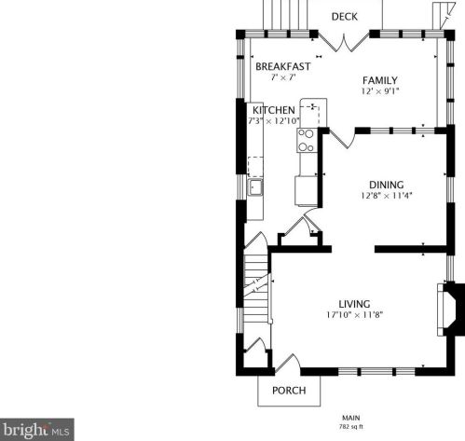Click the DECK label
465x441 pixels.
(x=344, y=17)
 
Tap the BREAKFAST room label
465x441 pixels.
(x=283, y=66)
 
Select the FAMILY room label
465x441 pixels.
(x=380, y=80)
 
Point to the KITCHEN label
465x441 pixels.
(x=274, y=110)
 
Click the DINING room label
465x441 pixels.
(x=387, y=185)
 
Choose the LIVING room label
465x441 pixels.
(x=354, y=304)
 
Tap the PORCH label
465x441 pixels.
(x=289, y=391)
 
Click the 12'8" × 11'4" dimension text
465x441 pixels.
(x=387, y=196)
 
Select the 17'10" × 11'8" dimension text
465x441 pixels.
(x=354, y=315)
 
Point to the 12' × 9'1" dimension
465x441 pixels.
(x=380, y=91)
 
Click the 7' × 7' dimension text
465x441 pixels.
(x=283, y=77)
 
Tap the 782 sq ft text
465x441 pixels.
(x=351, y=427)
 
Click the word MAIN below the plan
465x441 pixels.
(x=351, y=418)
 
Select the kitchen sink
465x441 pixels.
(x=255, y=187)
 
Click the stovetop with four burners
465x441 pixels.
(x=307, y=140)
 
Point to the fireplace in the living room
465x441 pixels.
(x=450, y=310)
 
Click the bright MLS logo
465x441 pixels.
(x=37, y=430)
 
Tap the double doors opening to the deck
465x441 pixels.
(x=344, y=42)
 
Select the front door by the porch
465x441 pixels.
(x=288, y=362)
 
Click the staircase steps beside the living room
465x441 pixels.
(x=255, y=289)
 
